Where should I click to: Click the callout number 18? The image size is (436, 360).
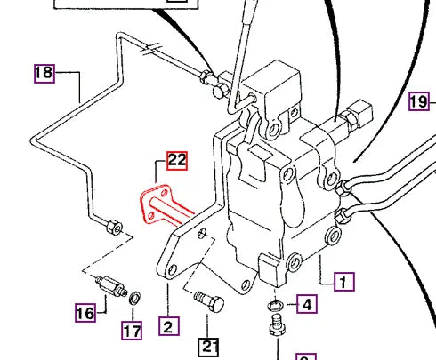[44, 73]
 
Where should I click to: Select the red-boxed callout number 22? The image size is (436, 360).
[176, 160]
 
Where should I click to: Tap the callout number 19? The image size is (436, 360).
[420, 100]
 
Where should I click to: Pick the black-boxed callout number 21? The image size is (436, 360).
[208, 346]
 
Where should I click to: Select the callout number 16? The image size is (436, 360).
[85, 312]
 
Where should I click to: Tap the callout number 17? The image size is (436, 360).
[132, 332]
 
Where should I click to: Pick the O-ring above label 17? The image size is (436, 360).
[132, 296]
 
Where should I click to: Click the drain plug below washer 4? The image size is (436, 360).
[275, 332]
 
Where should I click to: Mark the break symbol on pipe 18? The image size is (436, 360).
[156, 47]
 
